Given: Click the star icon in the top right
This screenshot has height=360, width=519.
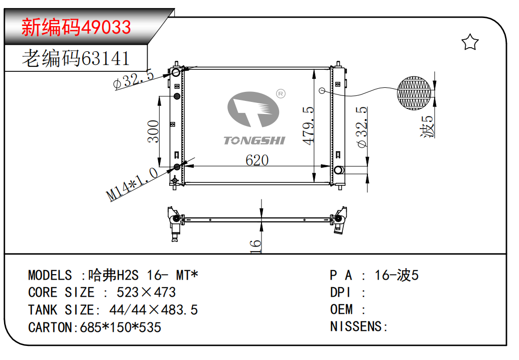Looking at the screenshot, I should point(470,43).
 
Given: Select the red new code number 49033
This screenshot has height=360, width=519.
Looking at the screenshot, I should point(107,27).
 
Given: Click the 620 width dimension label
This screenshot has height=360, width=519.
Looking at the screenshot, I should point(257,160).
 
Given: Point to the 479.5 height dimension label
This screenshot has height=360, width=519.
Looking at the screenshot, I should point(309,126).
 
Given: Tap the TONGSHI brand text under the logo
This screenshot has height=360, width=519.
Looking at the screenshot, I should point(254,140).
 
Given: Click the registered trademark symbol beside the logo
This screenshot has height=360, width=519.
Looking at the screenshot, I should point(281,93).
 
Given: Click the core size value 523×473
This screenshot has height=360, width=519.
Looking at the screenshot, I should point(146,292).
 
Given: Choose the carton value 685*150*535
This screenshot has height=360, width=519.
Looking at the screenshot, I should point(120,327).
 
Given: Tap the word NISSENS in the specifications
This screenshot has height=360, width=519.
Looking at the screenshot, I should point(356,327).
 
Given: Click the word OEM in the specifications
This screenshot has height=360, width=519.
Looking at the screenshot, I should point(341,310).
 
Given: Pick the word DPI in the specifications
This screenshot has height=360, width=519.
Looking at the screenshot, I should point(340,292).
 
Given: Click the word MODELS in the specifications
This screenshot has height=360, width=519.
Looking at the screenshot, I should point(50,275).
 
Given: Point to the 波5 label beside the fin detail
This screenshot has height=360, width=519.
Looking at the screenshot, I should point(427,127).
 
